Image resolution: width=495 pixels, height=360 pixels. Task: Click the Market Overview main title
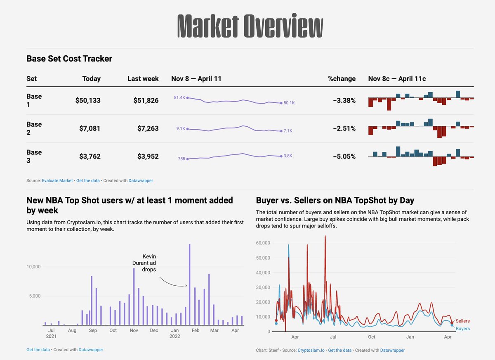click(x=250, y=26)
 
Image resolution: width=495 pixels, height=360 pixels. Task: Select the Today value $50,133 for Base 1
click(x=88, y=100)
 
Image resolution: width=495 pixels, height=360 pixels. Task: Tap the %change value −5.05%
click(x=344, y=156)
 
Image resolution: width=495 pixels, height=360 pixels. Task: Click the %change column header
click(x=342, y=78)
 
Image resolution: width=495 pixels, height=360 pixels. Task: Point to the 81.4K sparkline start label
click(x=179, y=97)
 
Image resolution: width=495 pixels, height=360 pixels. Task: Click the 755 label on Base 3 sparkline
click(x=181, y=159)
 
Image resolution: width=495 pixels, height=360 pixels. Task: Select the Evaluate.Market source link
click(x=57, y=180)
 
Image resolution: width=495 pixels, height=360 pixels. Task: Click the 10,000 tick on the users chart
click(x=33, y=267)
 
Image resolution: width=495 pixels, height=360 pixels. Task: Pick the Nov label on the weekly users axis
click(x=133, y=330)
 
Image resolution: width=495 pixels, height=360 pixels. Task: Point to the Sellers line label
click(x=462, y=321)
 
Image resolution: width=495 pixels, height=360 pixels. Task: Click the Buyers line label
click(x=463, y=329)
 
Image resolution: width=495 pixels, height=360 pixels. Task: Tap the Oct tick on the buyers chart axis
click(x=372, y=337)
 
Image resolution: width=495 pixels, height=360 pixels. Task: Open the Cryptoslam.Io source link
click(x=311, y=350)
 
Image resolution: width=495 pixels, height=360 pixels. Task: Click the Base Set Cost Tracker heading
click(x=69, y=59)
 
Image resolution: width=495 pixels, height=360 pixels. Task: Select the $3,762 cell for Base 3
click(x=88, y=156)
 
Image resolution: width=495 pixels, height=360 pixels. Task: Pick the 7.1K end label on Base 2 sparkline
click(x=288, y=131)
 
